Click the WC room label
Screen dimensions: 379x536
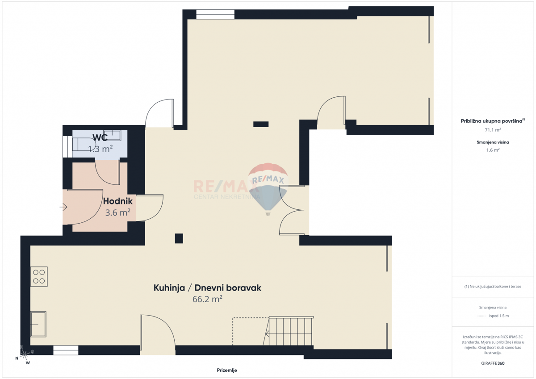point(100,137)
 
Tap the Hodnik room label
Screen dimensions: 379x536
point(117,201)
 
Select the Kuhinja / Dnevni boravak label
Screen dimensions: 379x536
point(207,288)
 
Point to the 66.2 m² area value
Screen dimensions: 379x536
point(207,300)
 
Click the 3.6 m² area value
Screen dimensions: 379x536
point(117,213)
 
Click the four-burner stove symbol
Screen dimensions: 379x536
point(39,276)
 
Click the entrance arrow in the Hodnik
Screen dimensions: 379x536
point(63,207)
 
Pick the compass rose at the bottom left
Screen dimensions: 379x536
point(25,354)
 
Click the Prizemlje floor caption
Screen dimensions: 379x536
point(227,370)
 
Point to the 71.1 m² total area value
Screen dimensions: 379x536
point(493,130)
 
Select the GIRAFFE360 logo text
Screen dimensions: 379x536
point(493,363)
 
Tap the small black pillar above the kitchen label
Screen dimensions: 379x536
point(179,238)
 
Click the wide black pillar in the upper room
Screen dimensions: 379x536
point(261,124)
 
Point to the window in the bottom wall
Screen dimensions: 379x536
point(66,350)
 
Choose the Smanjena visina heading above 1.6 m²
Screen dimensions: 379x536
point(493,142)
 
